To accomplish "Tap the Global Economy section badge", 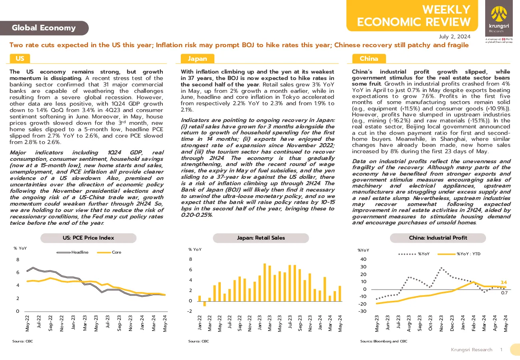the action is click(44, 28).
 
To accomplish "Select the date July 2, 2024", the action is click(454, 37).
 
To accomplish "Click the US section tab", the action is click(20, 58).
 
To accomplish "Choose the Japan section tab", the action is click(197, 58).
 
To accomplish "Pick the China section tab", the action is click(369, 58).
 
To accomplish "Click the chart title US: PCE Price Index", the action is click(88, 238).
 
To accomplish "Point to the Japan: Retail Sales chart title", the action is click(261, 238).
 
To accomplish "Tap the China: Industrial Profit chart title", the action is click(438, 238).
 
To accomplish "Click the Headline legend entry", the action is click(73, 252).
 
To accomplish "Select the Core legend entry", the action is click(109, 252).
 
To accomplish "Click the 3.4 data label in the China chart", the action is click(504, 282).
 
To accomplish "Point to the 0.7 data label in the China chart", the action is click(504, 293).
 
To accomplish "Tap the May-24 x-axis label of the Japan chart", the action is click(340, 323).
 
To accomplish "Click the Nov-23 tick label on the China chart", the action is click(441, 323).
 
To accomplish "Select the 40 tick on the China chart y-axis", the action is click(363, 259).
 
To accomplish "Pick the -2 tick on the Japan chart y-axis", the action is click(190, 311).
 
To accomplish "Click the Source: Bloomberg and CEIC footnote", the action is click(384, 341).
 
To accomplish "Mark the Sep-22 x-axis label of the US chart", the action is click(50, 323).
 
